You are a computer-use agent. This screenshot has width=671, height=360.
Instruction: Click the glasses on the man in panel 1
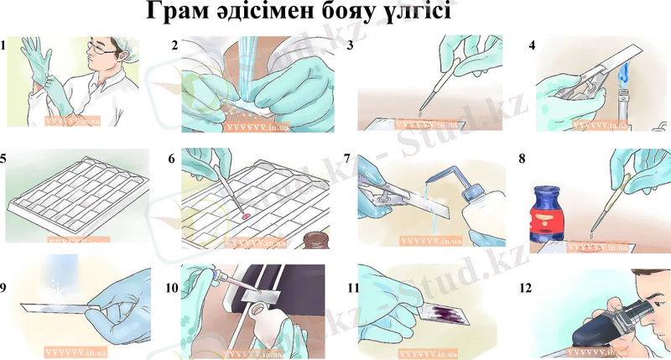[x=102, y=51]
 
